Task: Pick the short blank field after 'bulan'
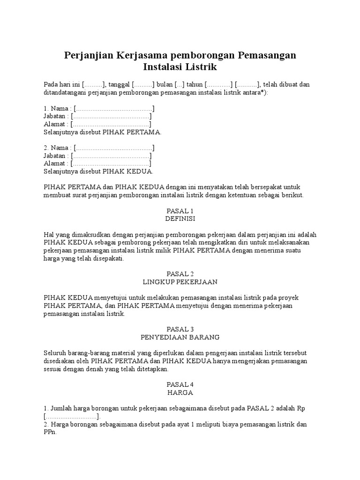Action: tap(180, 84)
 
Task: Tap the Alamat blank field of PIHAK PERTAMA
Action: tap(111, 124)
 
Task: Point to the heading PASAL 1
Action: tap(180, 211)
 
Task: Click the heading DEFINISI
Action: tap(180, 219)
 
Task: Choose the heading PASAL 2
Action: tap(180, 274)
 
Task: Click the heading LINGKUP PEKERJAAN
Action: tap(180, 282)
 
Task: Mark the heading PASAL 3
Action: tap(180, 329)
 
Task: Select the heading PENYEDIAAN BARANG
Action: tap(180, 337)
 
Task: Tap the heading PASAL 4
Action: tap(180, 384)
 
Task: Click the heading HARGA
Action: tap(180, 392)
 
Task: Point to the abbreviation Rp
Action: tap(301, 408)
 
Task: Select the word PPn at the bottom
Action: tap(50, 432)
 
